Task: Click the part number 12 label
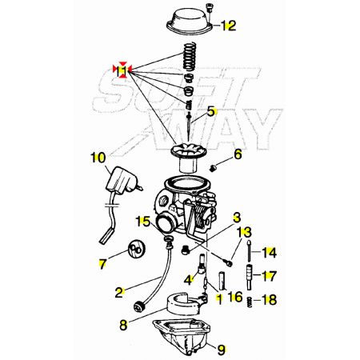pyautogui.click(x=229, y=26)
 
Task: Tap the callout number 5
pyautogui.click(x=211, y=111)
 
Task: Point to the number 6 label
pyautogui.click(x=238, y=154)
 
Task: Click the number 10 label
pyautogui.click(x=98, y=158)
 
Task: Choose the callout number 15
pyautogui.click(x=143, y=222)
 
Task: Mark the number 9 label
pyautogui.click(x=222, y=350)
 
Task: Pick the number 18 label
pyautogui.click(x=270, y=300)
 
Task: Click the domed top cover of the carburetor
pyautogui.click(x=190, y=21)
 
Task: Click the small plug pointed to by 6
pyautogui.click(x=212, y=168)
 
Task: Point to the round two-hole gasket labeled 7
pyautogui.click(x=135, y=249)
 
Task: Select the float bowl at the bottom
pyautogui.click(x=182, y=338)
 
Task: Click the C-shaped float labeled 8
pyautogui.click(x=184, y=306)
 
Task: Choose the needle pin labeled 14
pyautogui.click(x=250, y=251)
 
